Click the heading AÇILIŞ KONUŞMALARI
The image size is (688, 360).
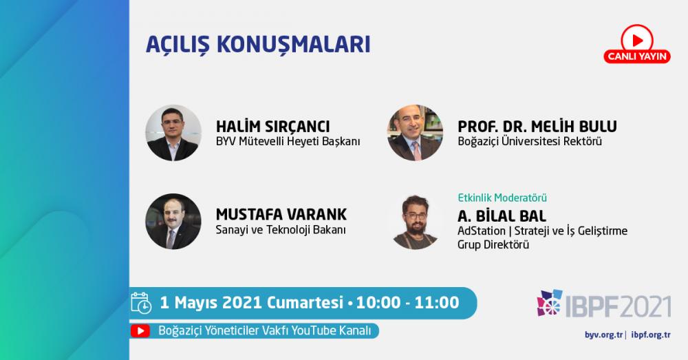tap(258, 44)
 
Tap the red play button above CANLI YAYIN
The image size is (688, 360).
tap(637, 39)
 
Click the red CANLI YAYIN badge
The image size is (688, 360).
tap(637, 56)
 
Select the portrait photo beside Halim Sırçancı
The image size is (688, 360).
tap(173, 133)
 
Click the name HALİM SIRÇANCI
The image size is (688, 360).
tap(272, 127)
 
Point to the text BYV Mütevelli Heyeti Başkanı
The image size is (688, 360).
tap(288, 141)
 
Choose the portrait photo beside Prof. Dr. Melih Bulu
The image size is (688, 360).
tap(415, 133)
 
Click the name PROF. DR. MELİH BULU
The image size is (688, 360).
tap(537, 127)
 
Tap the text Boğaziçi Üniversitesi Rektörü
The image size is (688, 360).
tap(530, 141)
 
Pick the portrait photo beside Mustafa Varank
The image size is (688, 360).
tap(173, 221)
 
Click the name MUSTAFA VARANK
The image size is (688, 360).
tap(281, 215)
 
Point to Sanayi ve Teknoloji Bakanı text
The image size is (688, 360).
tap(281, 230)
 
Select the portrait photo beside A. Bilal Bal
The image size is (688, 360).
tap(415, 221)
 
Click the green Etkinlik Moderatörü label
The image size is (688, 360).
tap(502, 198)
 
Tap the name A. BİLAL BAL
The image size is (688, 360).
tap(502, 216)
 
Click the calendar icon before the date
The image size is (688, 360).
tap(141, 303)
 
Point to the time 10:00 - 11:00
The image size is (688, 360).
tap(407, 302)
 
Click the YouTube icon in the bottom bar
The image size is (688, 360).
tap(140, 330)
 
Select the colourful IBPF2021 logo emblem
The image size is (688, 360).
tap(549, 302)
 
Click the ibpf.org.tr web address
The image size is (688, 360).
tap(651, 335)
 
